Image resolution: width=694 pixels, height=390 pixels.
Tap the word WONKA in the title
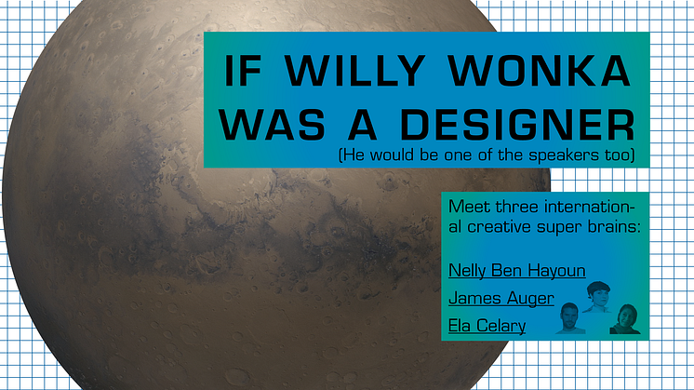(x=539, y=71)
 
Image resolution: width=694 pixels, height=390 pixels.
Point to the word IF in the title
(x=243, y=71)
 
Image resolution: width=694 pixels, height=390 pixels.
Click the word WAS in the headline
(x=272, y=125)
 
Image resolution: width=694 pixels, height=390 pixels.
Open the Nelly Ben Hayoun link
(x=517, y=271)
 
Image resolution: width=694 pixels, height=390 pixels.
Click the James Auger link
(x=501, y=299)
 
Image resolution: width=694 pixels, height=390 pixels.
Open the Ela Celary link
(x=487, y=326)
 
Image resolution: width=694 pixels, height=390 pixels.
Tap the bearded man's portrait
(x=570, y=318)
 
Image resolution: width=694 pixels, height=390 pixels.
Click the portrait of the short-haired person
(x=597, y=297)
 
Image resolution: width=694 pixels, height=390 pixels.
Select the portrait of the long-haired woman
(x=625, y=318)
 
